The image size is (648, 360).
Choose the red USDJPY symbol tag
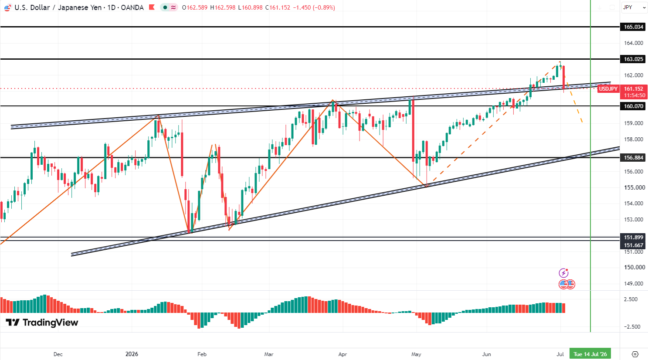608,89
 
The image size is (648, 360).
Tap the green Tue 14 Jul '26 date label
590,354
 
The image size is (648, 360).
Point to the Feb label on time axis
202,354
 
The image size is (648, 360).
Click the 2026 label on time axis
132,354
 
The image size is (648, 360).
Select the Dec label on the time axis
58,354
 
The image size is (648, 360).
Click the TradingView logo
42,323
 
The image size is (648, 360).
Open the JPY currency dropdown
634,7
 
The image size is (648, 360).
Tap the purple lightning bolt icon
563,272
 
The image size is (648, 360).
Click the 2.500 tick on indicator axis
631,299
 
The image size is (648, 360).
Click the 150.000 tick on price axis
634,267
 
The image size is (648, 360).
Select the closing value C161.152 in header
278,7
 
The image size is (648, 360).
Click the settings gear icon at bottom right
635,354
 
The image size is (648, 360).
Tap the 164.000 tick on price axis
634,43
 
